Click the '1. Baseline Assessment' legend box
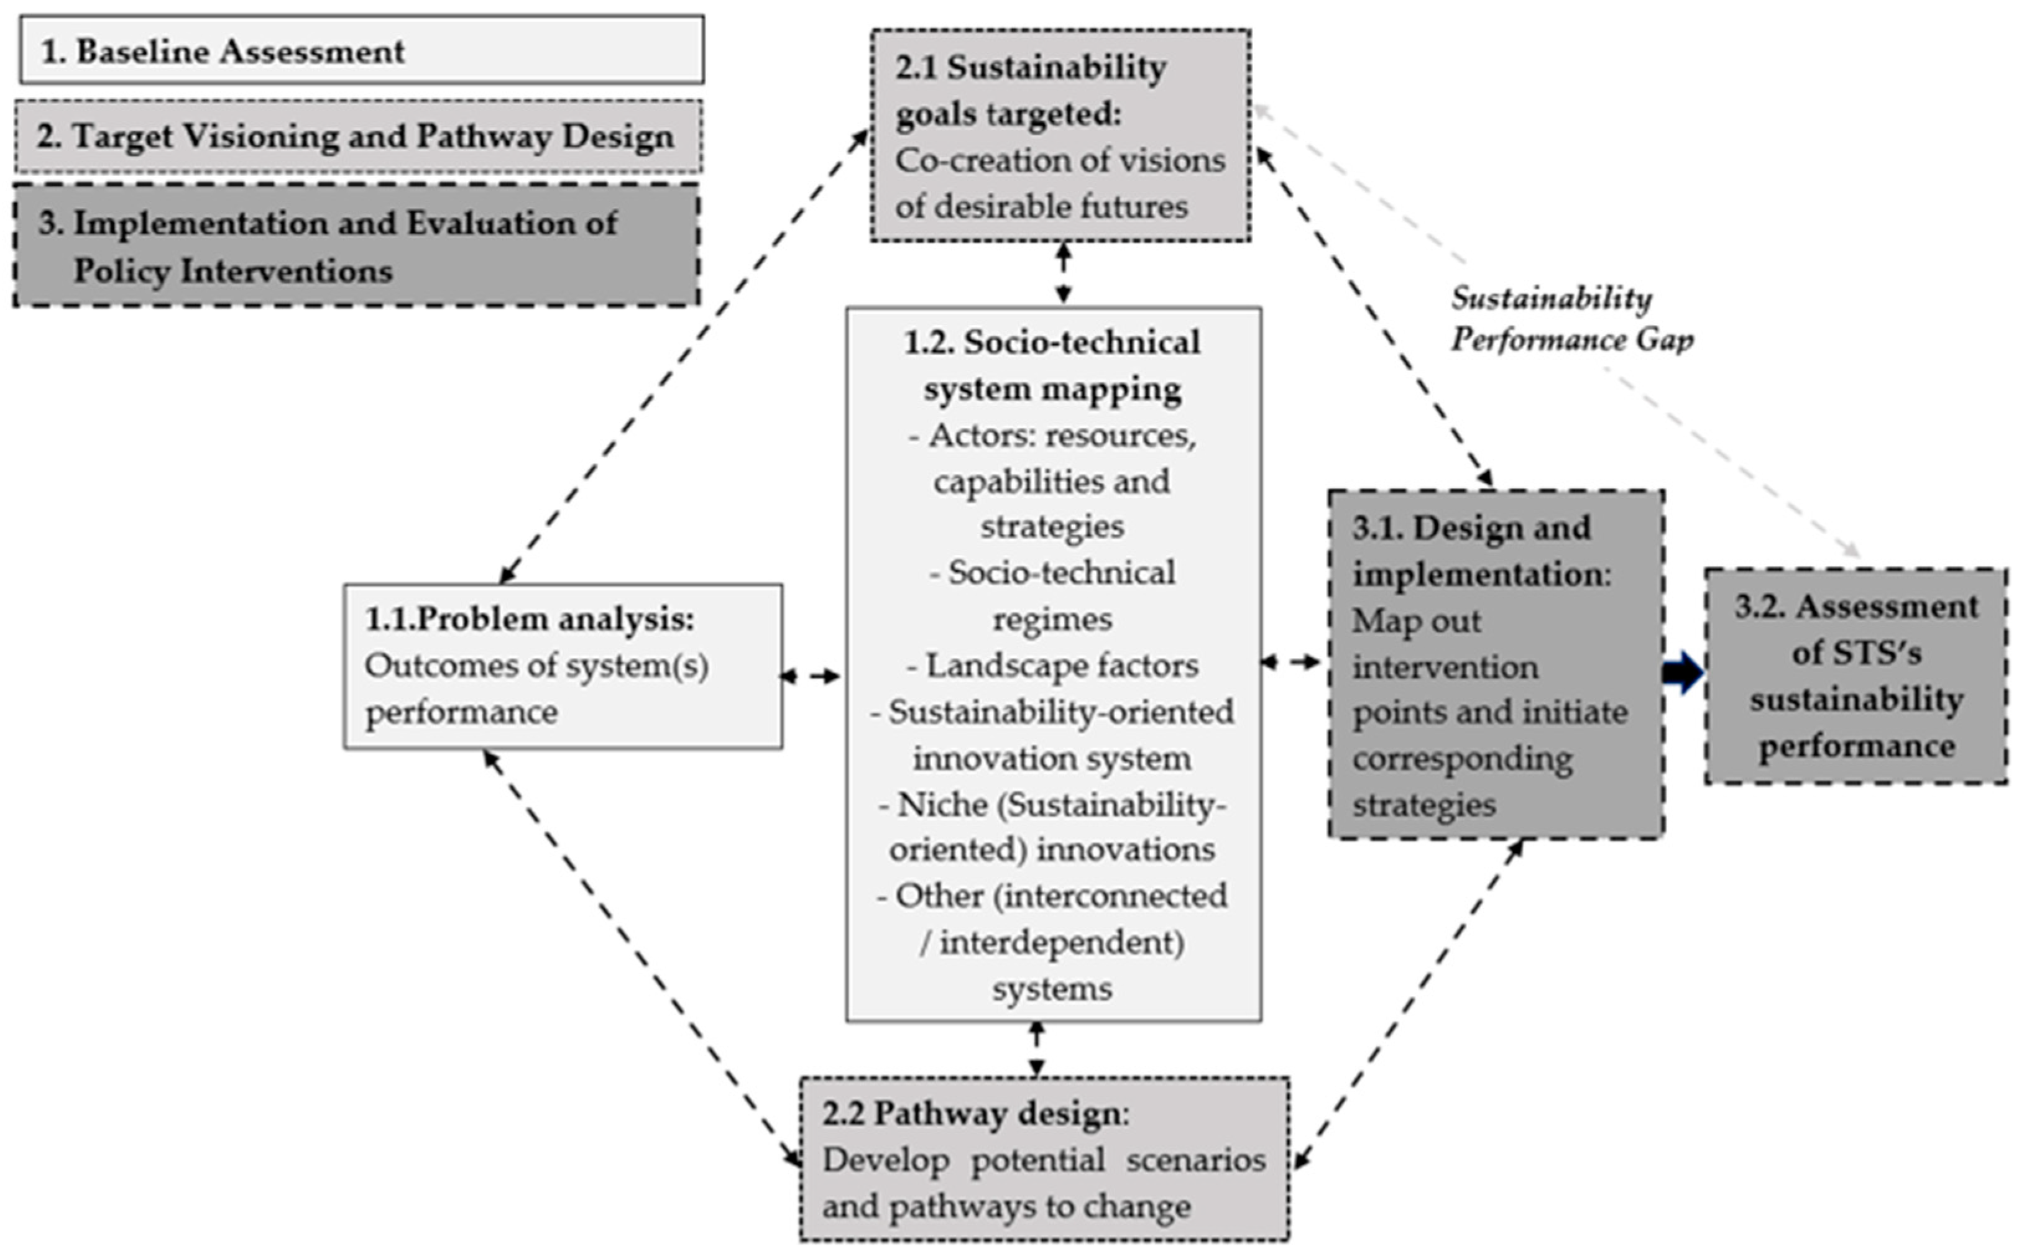coord(362,50)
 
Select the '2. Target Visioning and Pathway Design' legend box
coord(358,137)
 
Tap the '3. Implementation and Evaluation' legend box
coord(357,246)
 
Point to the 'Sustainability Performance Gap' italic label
coord(1570,319)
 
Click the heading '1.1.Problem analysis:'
coord(529,620)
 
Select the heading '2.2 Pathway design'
coord(975,1114)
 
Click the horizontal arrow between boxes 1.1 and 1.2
coord(811,677)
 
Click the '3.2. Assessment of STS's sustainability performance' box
coord(1856,676)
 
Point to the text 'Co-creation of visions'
coord(1059,161)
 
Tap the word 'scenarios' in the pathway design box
coord(1195,1160)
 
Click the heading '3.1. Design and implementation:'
coord(1481,551)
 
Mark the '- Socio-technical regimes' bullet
coord(1052,595)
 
